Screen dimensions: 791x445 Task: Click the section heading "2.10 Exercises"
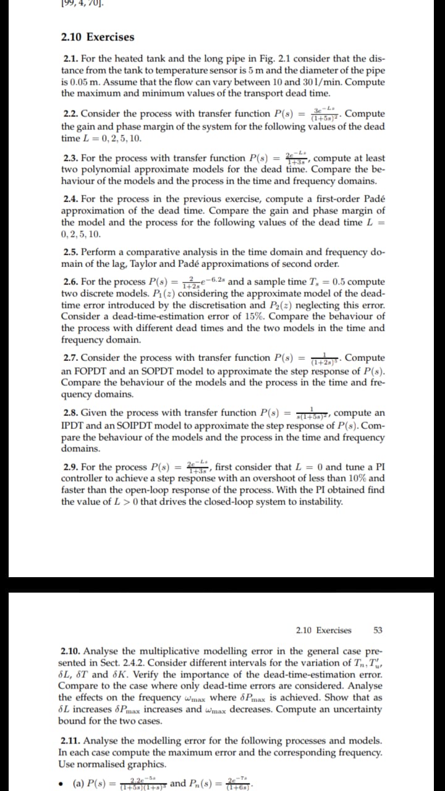pos(98,37)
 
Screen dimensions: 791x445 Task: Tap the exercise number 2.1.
pos(71,59)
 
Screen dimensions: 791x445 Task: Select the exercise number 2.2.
pos(71,114)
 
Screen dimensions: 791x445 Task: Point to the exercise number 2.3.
pos(71,158)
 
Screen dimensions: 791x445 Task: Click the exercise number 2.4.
pos(71,199)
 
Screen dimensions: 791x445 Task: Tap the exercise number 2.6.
pos(71,282)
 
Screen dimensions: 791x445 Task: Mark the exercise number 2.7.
pos(71,358)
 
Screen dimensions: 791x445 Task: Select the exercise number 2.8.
pos(71,413)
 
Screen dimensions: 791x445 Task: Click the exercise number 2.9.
pos(71,467)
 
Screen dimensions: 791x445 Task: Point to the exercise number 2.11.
pos(72,740)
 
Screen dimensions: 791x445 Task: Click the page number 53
pos(378,630)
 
